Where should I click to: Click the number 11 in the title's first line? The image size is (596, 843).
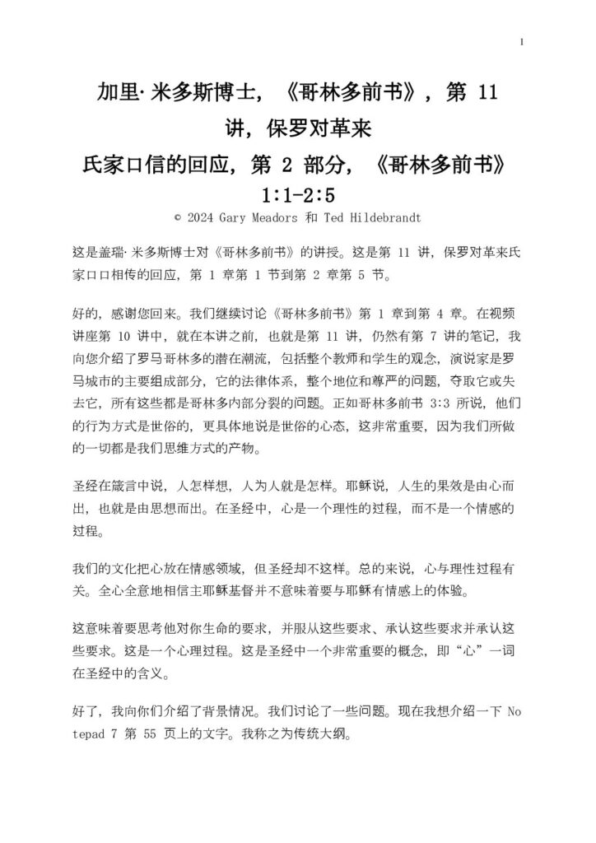click(487, 92)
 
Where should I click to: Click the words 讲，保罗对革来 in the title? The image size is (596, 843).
click(297, 128)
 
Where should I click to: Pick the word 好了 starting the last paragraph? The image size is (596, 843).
click(85, 710)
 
